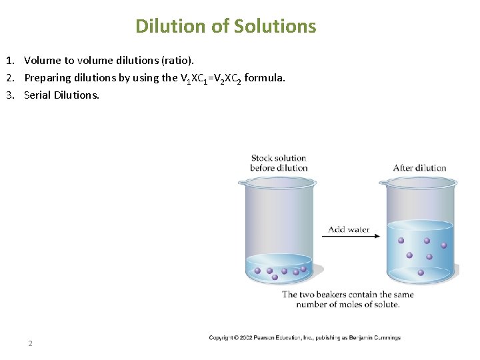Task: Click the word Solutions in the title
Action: [x=274, y=26]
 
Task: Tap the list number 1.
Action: [x=13, y=61]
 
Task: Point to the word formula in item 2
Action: [x=265, y=77]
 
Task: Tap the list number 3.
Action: [x=13, y=95]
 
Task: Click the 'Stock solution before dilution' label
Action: [x=279, y=163]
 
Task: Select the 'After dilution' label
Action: [x=419, y=167]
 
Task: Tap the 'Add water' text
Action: [x=349, y=229]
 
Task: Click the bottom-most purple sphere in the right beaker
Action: [x=421, y=272]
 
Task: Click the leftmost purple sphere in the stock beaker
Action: [x=258, y=271]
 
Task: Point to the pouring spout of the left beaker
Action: [x=241, y=182]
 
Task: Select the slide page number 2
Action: [x=30, y=343]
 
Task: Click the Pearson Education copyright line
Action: [x=305, y=338]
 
